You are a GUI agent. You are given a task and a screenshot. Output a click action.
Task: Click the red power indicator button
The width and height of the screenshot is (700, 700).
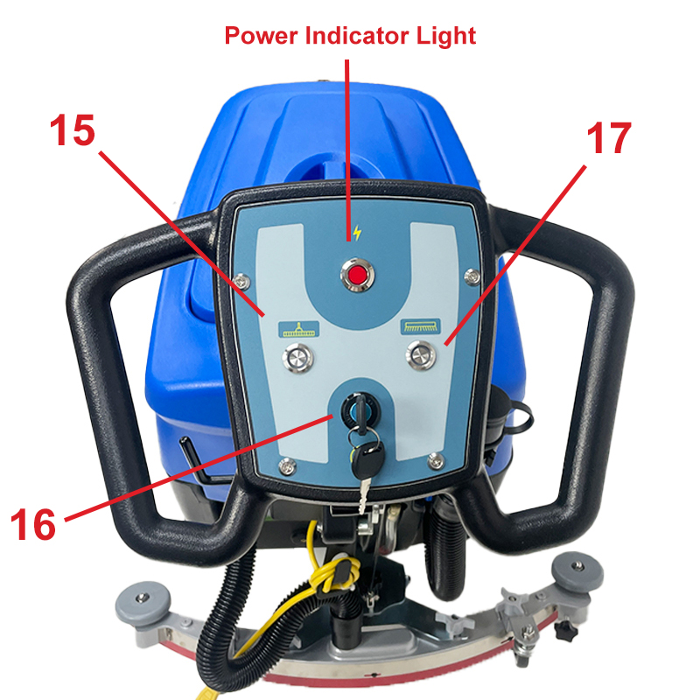coord(357,275)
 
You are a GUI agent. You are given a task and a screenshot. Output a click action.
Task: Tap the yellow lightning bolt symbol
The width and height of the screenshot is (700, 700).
coord(357,233)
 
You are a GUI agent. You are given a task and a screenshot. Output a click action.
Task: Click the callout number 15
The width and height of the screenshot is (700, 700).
coord(73,129)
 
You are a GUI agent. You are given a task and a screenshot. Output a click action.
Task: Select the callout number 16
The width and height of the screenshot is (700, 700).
coord(33,524)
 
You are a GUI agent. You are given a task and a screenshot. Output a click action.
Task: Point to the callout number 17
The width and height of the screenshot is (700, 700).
coord(609,138)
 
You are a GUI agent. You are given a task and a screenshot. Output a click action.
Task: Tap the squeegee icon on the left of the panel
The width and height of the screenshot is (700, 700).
coord(298,330)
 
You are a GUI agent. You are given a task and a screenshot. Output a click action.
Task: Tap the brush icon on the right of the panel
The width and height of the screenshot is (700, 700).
coord(421,326)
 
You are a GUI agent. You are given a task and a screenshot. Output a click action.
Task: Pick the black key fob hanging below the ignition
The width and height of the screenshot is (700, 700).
coord(367,460)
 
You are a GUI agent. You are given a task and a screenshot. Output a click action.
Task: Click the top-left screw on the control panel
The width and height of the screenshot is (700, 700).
coord(242,281)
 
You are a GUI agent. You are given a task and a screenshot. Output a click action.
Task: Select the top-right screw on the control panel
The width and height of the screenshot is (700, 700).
coord(472,276)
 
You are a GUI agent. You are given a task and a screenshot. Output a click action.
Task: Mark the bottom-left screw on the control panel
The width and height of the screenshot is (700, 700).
coord(287,466)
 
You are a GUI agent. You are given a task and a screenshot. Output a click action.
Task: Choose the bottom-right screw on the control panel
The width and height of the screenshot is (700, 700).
coord(435,461)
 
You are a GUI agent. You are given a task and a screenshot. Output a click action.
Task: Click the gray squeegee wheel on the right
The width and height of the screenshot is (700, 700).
coord(577,571)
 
